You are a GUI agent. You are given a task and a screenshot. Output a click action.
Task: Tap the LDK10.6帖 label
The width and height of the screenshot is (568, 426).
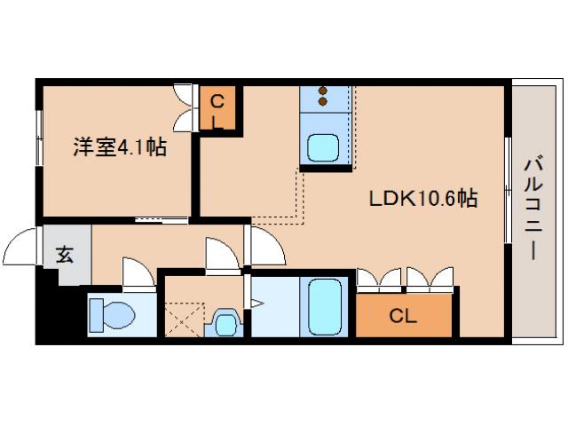tap(423, 199)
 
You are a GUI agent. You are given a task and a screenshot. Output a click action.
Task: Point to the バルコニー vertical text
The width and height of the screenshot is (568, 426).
tap(532, 209)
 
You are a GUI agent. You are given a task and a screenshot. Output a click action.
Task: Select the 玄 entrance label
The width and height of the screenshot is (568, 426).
tap(65, 255)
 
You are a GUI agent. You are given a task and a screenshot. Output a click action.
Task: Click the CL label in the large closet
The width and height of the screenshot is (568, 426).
tap(404, 315)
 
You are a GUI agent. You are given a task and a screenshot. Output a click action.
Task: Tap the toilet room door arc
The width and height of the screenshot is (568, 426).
tap(138, 273)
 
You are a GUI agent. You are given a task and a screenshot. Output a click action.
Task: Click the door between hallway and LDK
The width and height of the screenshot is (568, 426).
tap(264, 246)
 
